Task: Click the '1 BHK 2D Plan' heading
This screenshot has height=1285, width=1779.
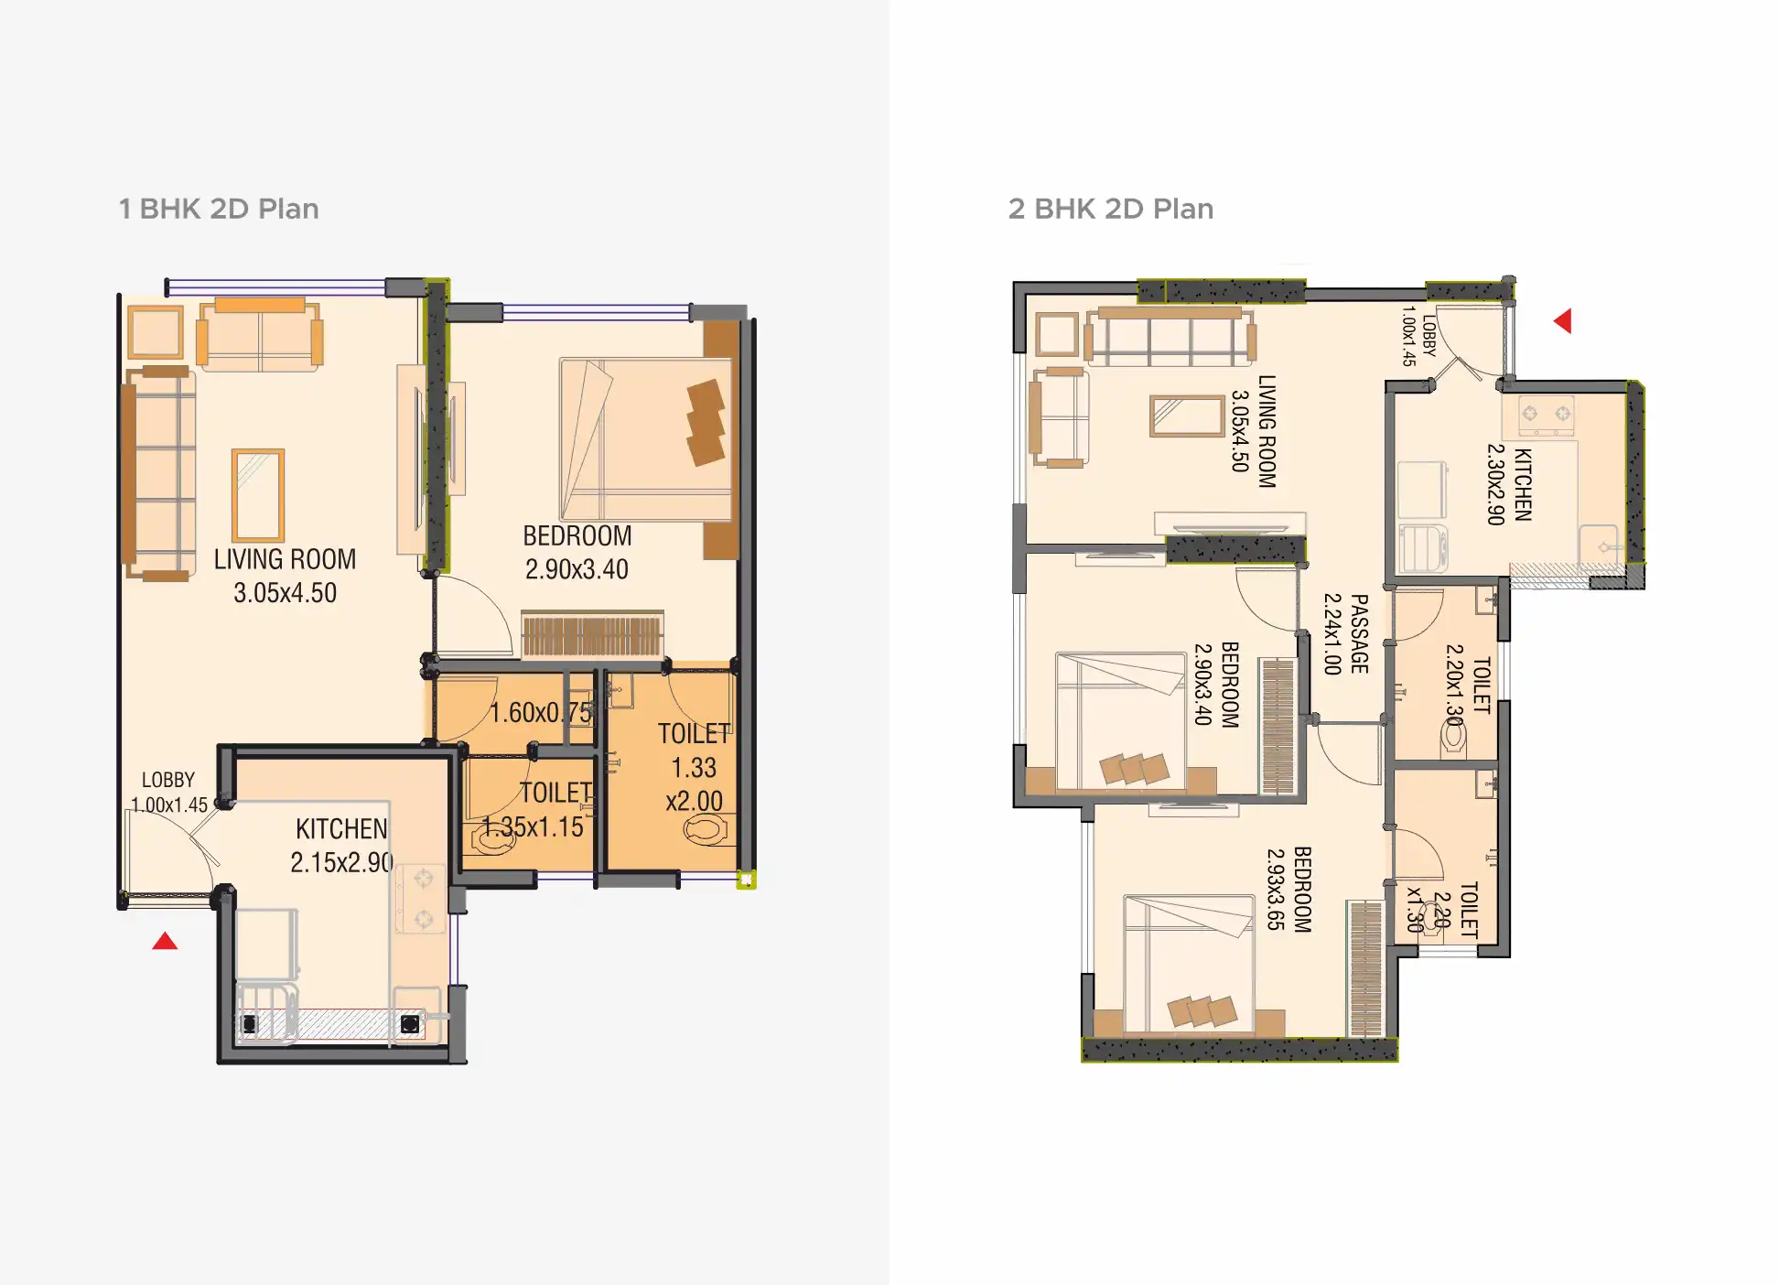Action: tap(219, 209)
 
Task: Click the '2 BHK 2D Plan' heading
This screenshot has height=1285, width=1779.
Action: tap(1111, 209)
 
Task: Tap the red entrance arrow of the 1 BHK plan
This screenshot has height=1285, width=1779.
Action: tap(165, 941)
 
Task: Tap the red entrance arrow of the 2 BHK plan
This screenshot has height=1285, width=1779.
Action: tap(1563, 321)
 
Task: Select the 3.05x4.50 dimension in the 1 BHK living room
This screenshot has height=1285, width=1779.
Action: tap(286, 593)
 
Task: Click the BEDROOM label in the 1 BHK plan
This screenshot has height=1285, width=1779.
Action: tap(577, 535)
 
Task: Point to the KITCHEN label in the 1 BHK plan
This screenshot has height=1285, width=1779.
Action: tap(341, 829)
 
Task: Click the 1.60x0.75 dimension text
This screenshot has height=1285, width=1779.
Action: tap(542, 712)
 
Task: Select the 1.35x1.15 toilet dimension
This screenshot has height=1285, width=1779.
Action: tap(533, 827)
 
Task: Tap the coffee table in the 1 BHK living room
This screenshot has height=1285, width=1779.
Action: tap(258, 495)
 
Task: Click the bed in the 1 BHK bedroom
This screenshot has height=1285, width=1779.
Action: tap(646, 439)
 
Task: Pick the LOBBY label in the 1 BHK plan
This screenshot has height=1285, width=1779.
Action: tap(168, 780)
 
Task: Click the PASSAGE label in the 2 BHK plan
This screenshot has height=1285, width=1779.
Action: tap(1360, 634)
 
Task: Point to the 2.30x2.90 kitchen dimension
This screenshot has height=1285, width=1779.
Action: tap(1496, 484)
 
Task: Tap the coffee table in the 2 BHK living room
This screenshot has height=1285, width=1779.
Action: tap(1187, 416)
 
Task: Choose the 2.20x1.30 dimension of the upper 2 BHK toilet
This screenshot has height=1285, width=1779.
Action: tap(1455, 685)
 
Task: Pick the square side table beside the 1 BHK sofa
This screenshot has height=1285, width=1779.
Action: tap(156, 331)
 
